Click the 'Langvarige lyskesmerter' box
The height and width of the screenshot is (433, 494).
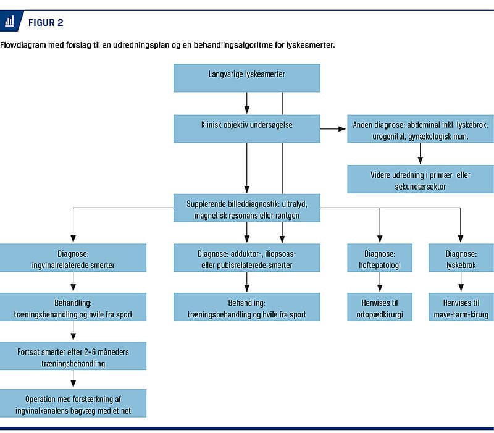246,78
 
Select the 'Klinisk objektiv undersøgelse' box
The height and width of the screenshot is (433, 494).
246,129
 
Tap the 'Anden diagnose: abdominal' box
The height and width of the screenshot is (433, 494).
421,129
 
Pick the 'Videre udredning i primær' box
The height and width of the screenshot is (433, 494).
421,179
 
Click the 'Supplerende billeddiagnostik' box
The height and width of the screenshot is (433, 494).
246,208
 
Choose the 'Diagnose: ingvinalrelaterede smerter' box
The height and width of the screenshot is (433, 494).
73,258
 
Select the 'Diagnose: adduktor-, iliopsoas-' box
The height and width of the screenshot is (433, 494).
246,258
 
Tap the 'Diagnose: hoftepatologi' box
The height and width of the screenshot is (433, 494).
380,258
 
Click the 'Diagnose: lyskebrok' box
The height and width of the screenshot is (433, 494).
461,258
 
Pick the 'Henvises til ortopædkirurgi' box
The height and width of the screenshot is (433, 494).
380,307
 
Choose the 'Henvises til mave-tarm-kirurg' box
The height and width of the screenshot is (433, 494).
461,307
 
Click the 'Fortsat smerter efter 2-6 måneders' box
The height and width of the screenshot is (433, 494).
73,356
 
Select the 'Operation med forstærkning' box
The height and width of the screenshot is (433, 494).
73,403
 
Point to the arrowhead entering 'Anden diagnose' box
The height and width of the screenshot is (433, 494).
342,129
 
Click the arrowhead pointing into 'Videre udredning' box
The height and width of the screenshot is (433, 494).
421,160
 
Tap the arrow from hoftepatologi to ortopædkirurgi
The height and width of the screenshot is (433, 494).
380,282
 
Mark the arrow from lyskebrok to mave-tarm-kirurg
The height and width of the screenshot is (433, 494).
461,282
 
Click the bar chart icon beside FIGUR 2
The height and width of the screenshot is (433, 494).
9,21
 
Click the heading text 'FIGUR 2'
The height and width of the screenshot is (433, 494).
46,23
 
